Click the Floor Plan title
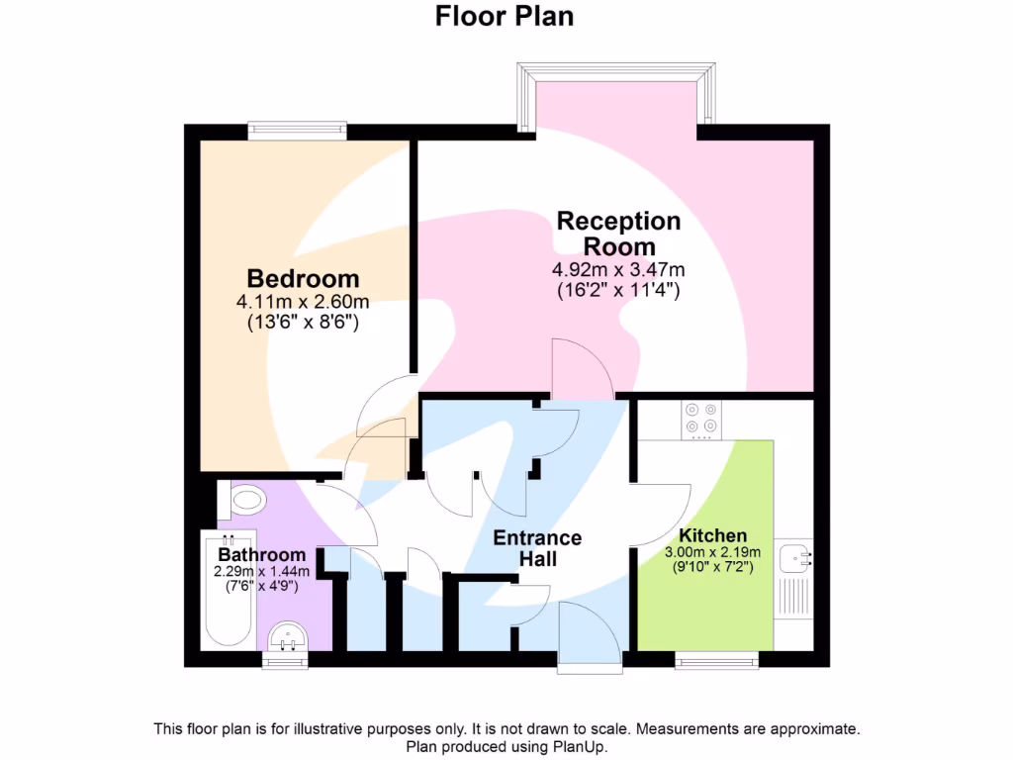point(506,17)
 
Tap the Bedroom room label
point(303,278)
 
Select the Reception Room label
point(618,234)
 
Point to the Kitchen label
point(712,535)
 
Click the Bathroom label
point(262,555)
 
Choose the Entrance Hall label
point(537,548)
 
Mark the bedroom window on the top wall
point(297,130)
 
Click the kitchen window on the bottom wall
point(717,658)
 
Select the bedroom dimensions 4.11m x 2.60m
point(303,302)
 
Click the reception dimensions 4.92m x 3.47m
point(618,270)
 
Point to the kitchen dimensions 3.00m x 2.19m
point(712,552)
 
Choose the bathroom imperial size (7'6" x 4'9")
point(262,586)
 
